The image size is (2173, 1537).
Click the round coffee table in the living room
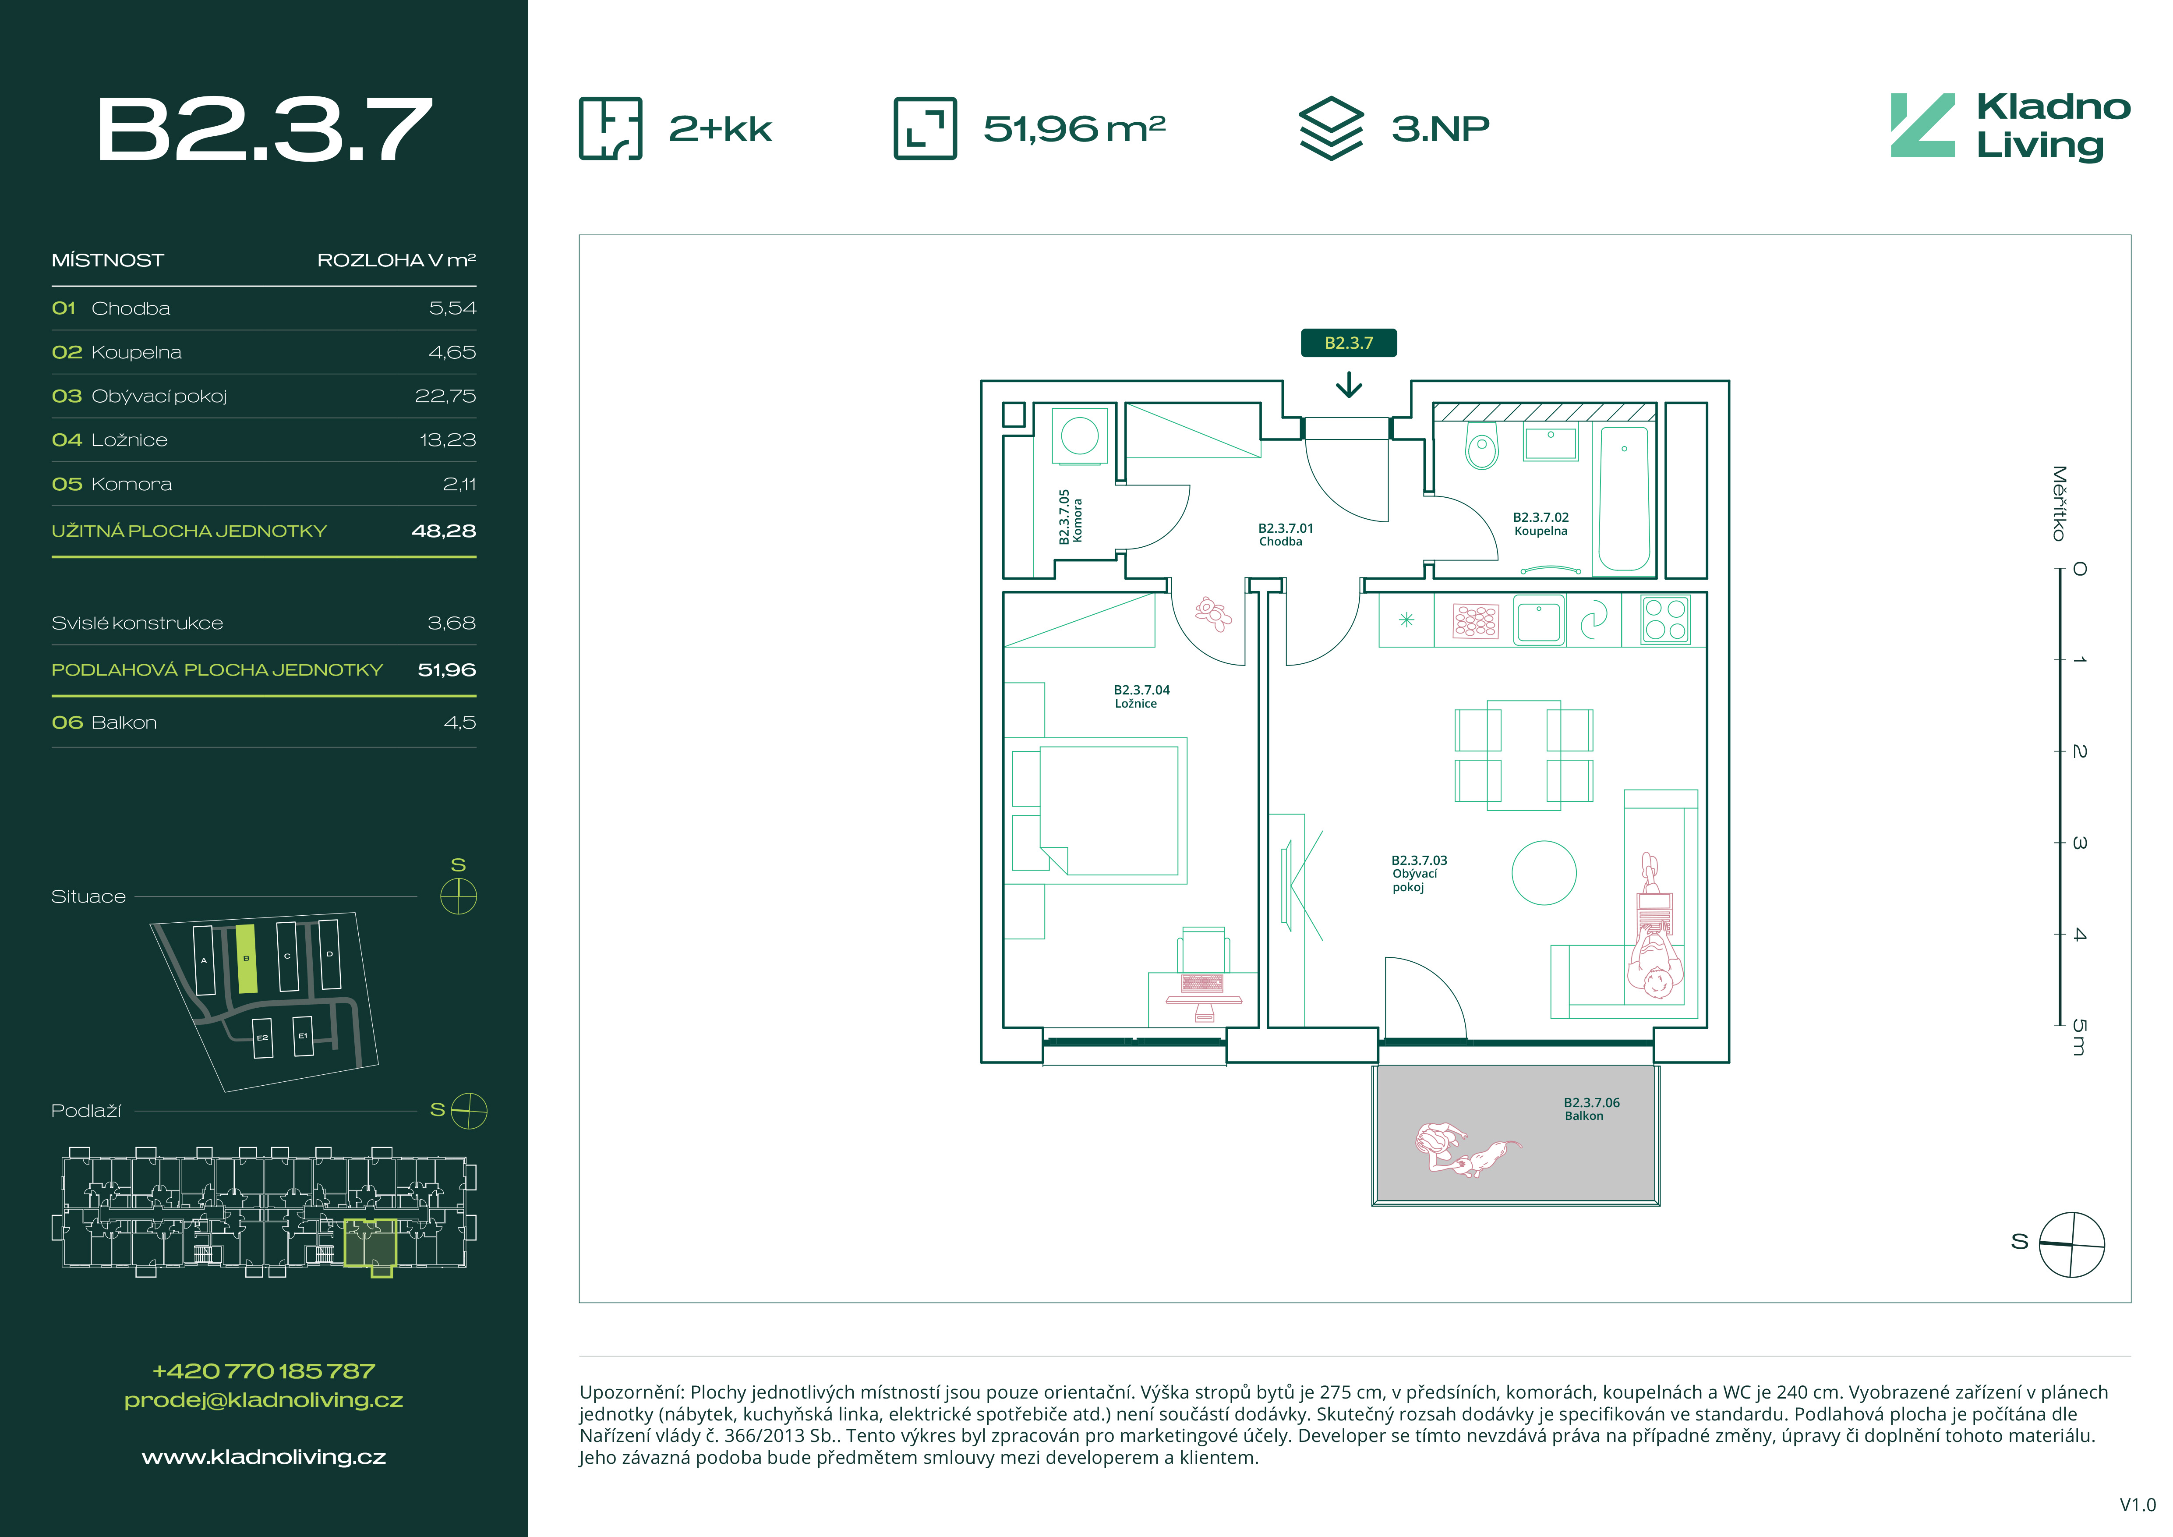(1544, 873)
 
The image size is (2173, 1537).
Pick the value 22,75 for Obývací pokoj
(445, 396)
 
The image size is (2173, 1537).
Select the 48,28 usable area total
(444, 531)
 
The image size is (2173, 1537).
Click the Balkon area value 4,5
(460, 722)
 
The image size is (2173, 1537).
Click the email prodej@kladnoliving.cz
(264, 1400)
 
